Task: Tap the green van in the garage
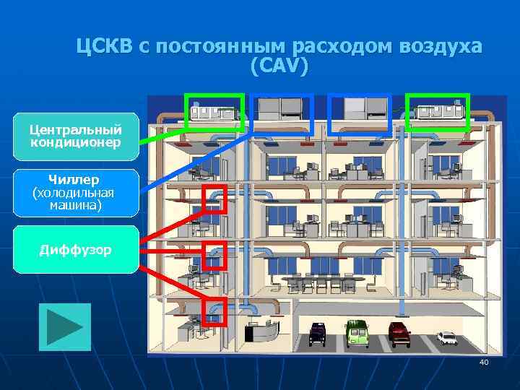[x=356, y=332]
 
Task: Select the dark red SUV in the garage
[x=399, y=331]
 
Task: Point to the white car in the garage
[x=446, y=337]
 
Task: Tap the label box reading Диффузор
[x=75, y=250]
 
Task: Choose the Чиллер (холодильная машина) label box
[x=75, y=192]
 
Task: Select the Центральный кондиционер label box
[x=75, y=136]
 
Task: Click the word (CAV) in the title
[x=279, y=66]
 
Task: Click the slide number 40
[x=483, y=362]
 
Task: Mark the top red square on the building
[x=214, y=199]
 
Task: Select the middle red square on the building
[x=214, y=255]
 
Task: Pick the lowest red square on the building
[x=214, y=311]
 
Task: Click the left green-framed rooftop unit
[x=214, y=111]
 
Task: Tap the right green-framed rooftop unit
[x=438, y=111]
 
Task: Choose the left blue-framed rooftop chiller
[x=282, y=113]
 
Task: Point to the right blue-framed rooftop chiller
[x=360, y=113]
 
